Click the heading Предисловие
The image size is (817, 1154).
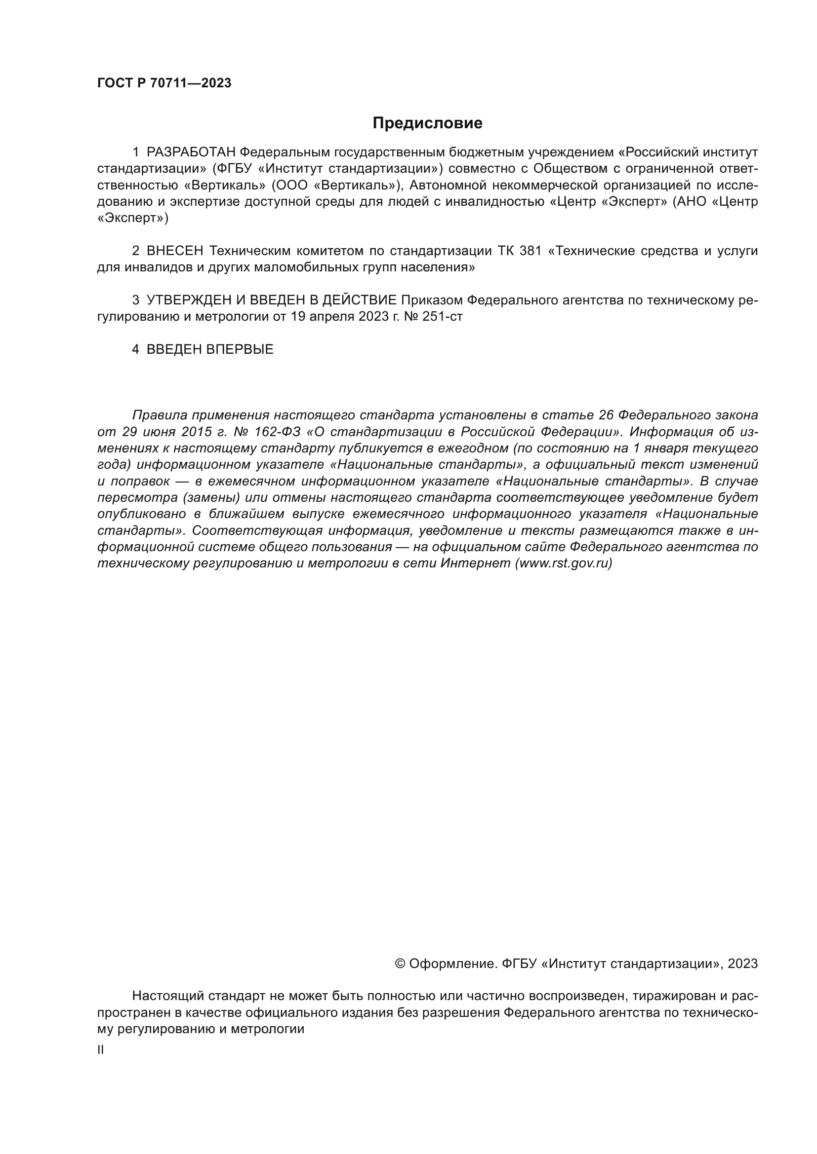(x=427, y=123)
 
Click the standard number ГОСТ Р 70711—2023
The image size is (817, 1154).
(x=164, y=83)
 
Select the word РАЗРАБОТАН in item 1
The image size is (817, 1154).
(x=191, y=152)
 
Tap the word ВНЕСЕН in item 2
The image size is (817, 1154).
(x=174, y=251)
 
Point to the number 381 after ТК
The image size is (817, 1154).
(x=530, y=251)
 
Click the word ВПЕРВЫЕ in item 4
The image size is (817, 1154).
(x=240, y=349)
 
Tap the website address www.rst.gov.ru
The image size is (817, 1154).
(x=563, y=563)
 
